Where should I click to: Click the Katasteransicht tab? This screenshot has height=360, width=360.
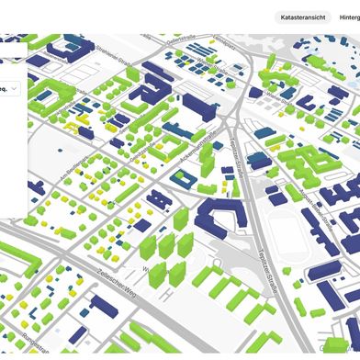pyautogui.click(x=304, y=17)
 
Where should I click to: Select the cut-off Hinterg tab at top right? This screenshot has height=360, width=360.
pyautogui.click(x=350, y=17)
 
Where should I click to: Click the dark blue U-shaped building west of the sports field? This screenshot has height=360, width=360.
pyautogui.click(x=217, y=219)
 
